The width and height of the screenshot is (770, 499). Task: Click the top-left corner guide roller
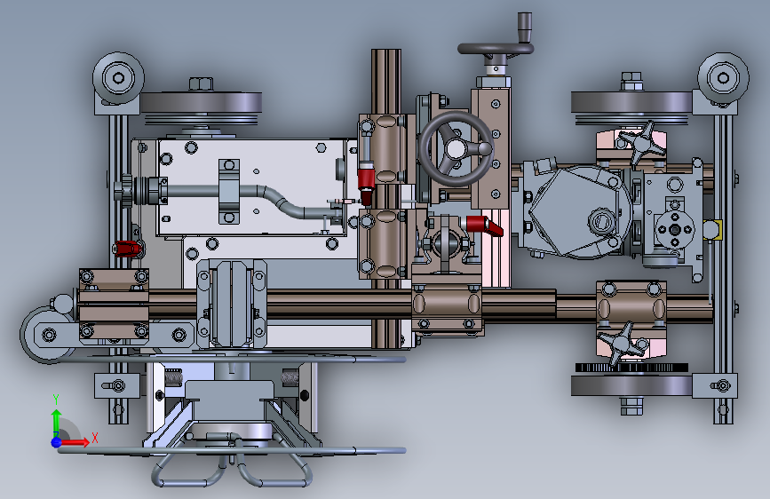118,78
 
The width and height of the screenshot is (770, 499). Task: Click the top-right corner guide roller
723,78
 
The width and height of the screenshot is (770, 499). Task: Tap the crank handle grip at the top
525,28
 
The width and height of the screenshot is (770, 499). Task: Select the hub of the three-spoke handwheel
456,147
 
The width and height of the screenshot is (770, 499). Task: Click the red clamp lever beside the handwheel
484,225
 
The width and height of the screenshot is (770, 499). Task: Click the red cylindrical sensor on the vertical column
366,184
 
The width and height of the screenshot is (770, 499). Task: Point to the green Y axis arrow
56,417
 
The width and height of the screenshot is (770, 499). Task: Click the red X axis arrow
74,442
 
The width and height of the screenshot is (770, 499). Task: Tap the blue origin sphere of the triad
57,442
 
